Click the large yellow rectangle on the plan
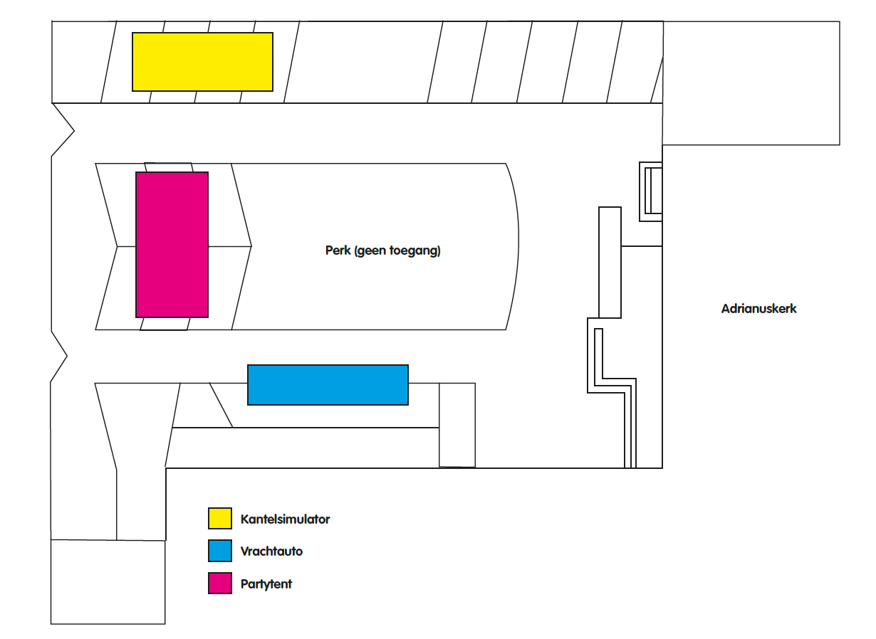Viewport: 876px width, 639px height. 202,62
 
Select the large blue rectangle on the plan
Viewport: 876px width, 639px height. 328,385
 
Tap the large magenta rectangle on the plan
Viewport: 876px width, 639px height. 172,245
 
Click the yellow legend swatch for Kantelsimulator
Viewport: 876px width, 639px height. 220,518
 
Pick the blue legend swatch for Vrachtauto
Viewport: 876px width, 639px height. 220,551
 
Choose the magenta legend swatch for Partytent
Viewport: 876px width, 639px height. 220,583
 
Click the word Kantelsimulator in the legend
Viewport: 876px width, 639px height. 285,519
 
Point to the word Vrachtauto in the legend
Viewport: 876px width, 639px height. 271,551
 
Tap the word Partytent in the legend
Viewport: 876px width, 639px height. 266,584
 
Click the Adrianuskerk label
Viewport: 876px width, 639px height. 758,308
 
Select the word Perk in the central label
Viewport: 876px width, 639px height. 338,250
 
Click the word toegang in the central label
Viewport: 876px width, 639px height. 415,250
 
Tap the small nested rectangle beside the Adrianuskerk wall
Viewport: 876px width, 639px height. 651,191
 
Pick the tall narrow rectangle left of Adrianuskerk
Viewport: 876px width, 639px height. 610,263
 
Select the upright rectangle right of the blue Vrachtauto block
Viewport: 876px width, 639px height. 457,425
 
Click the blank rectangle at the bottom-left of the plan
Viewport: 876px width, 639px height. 108,581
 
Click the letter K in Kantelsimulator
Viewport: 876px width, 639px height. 245,519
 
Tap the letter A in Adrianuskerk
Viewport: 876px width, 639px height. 726,308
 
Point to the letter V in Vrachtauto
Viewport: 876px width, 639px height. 245,551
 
